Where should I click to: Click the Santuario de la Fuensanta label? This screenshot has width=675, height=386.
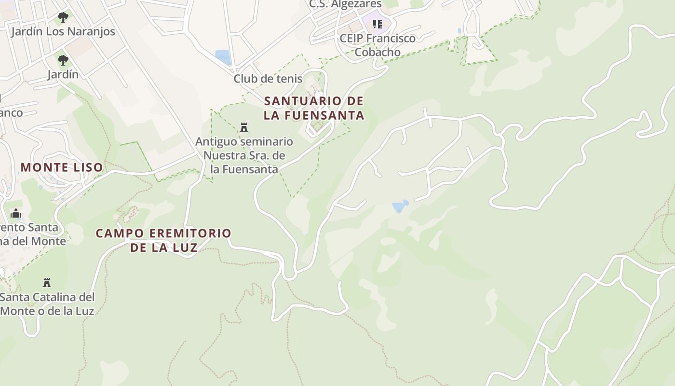point(313,108)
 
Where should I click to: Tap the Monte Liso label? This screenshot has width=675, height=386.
point(62,167)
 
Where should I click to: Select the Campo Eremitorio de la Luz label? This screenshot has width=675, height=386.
point(163,240)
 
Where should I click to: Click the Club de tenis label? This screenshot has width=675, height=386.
point(268,79)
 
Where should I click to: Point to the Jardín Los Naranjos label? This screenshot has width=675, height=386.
point(63,32)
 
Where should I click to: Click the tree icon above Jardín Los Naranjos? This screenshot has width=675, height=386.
point(63,18)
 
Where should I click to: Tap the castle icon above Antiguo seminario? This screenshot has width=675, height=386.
point(244,127)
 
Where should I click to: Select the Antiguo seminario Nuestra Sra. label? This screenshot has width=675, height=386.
point(244,155)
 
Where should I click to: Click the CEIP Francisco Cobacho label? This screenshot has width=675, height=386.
point(378,45)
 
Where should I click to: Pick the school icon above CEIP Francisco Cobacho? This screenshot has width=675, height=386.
point(377,24)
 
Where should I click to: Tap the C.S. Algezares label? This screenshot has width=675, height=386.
point(345,4)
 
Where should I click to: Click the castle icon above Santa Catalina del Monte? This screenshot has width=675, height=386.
point(47,282)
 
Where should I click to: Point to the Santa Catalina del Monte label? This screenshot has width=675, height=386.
point(47,303)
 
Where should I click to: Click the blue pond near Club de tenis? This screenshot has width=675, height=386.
point(223,57)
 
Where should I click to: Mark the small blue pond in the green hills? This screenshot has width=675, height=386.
point(400,207)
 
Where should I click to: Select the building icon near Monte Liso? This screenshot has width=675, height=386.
point(16,213)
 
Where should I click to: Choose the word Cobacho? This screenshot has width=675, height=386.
point(378,52)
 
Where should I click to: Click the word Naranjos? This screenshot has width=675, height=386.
point(90,32)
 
